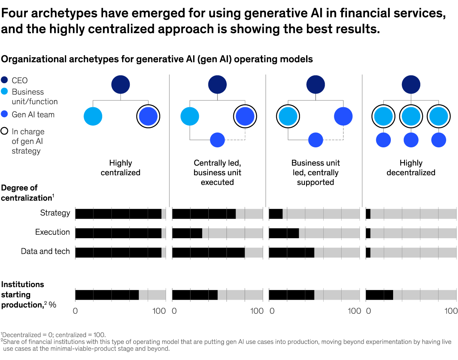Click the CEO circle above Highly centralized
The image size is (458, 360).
pos(121,84)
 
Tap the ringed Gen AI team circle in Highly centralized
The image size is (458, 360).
pos(148,116)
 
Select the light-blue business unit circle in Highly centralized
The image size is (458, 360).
pos(93,116)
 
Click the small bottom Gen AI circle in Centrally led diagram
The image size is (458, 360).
pos(217,140)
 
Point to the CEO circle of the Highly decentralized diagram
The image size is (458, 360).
pos(411,84)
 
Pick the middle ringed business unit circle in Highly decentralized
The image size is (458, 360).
pos(411,116)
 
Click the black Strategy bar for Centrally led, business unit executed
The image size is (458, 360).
pos(204,214)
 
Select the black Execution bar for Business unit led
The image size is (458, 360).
pos(284,233)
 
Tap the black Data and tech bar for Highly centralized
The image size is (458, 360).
pos(118,252)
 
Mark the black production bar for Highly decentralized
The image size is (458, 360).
pos(379,295)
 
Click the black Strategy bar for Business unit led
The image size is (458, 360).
pos(276,214)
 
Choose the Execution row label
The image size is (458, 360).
pos(53,232)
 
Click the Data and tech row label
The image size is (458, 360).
pos(45,251)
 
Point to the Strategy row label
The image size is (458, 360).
pos(55,213)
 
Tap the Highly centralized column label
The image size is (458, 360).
pos(121,168)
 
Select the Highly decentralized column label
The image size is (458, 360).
pos(411,168)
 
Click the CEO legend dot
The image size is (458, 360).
pos(5,81)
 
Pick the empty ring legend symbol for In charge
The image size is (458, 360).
pos(5,132)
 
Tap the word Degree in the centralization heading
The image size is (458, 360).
pos(14,188)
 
